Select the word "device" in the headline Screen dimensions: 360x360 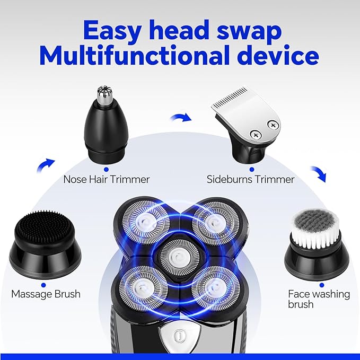(x=279, y=56)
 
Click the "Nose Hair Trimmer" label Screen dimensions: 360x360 (x=106, y=179)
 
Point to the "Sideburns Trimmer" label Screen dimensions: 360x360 (x=250, y=179)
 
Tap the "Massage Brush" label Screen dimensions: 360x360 (x=46, y=293)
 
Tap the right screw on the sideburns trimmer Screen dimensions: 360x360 (x=273, y=125)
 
